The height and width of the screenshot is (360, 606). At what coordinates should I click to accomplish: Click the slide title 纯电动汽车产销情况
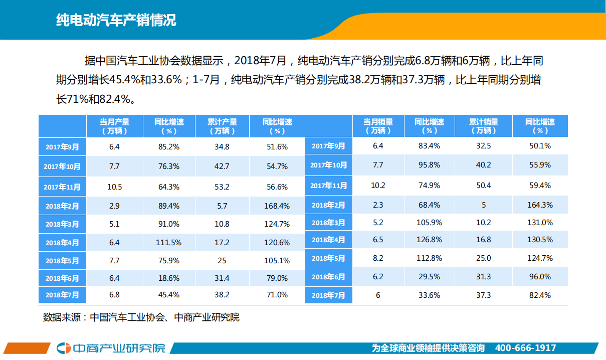pos(116,21)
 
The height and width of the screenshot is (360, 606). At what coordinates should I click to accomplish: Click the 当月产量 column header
pos(114,126)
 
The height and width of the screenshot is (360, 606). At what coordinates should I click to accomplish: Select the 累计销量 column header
pos(483,126)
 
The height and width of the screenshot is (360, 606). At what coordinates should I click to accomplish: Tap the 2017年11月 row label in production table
pos(62,187)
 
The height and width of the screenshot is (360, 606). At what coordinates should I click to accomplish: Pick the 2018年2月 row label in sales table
pos(328,205)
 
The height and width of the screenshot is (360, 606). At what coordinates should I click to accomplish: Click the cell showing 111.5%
pos(168,242)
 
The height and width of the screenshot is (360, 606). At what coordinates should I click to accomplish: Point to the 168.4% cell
pos(277,206)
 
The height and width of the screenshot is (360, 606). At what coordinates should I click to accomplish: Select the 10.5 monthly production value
pos(114,187)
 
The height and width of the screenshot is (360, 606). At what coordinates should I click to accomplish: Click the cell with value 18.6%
pos(168,278)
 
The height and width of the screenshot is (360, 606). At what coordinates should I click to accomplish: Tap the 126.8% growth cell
pos(429,240)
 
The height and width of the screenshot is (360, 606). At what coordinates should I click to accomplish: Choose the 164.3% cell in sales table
pos(539,205)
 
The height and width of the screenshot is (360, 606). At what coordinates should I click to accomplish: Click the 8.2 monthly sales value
pos(378,258)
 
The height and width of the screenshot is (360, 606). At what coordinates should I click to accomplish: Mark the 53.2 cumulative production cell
pos(222,187)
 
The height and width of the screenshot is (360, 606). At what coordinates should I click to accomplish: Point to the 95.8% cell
pos(429,164)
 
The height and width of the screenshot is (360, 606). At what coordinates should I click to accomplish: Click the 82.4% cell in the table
pos(539,295)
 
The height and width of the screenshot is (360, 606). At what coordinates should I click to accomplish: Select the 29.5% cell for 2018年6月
pos(429,277)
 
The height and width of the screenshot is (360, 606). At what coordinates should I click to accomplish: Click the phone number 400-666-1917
pos(525,348)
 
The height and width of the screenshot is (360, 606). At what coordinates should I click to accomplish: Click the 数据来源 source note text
pos(141,317)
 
